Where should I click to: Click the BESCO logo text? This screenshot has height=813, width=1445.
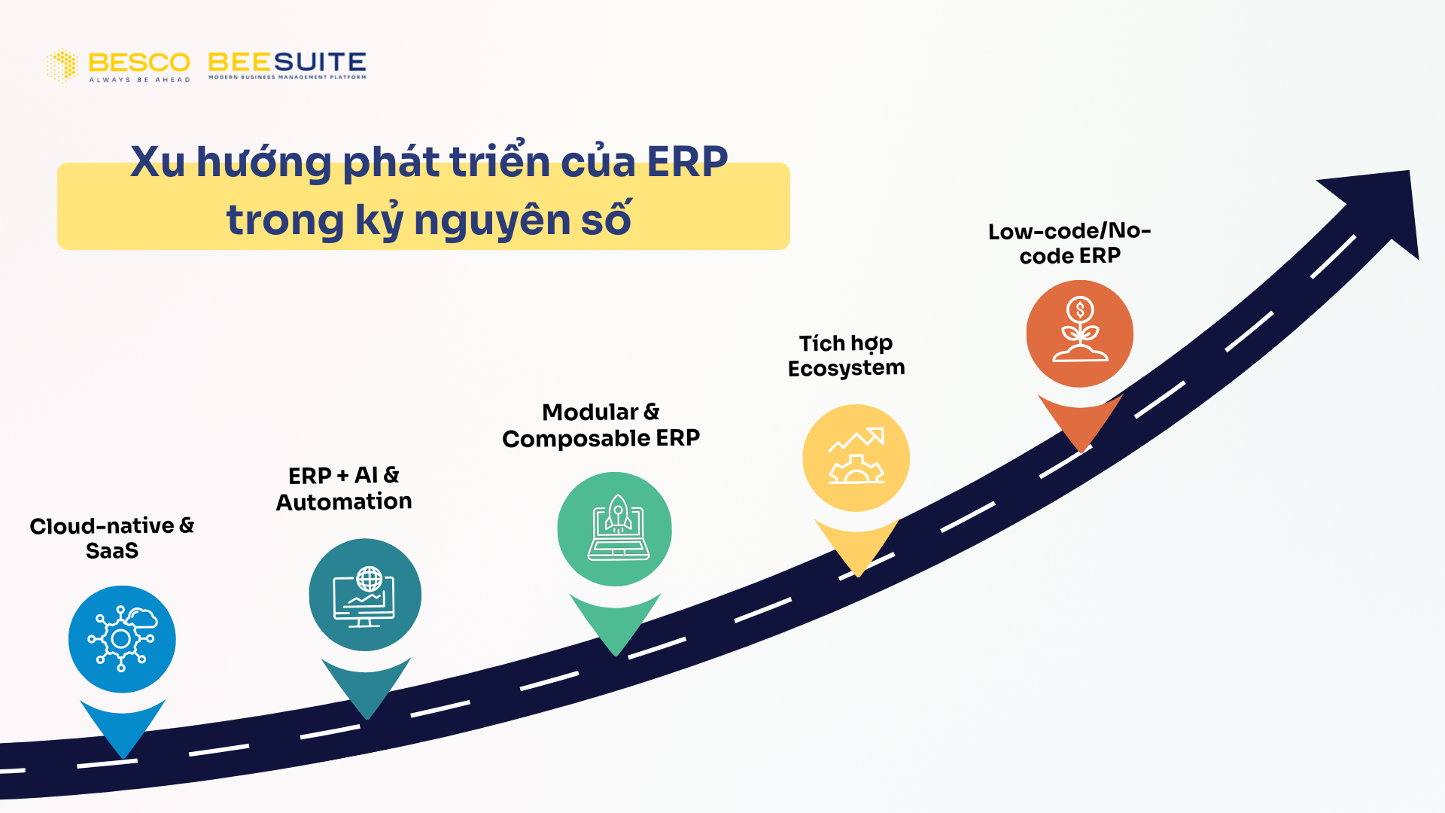coord(139,62)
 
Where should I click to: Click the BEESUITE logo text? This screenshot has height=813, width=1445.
coord(287,62)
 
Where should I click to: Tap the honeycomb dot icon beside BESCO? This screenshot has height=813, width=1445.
coord(62,65)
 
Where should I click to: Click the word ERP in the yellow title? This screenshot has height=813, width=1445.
coord(687,162)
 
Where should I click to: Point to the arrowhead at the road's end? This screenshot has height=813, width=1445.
coord(1377,207)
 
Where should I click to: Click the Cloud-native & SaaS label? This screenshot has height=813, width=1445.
coord(112,537)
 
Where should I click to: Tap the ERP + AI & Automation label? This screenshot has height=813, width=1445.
coord(344,488)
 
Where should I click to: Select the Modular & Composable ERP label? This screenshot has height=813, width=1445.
coord(601,425)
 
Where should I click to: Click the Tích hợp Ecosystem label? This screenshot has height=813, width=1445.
coord(846,355)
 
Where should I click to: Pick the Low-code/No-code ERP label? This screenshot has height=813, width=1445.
coord(1069,243)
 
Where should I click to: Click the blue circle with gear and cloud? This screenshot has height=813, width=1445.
coord(122,639)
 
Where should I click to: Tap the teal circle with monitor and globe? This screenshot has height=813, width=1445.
coord(365,595)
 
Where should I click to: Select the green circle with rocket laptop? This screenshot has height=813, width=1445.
coord(614,528)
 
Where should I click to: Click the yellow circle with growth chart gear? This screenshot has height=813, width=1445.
coord(856,458)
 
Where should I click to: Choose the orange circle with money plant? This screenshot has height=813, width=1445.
coord(1079,333)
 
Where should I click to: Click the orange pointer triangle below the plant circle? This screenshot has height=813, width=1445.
coord(1080,422)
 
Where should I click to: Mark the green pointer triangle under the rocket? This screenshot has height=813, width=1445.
coord(615,621)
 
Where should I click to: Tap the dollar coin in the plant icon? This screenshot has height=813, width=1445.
coord(1080,309)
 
